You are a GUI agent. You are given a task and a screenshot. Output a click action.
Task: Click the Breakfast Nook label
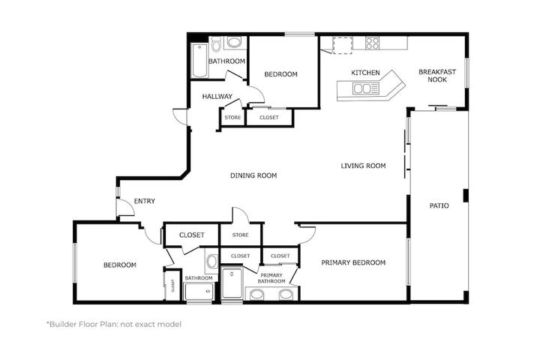click(437, 76)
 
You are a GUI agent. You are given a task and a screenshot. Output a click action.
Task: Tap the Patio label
click(439, 205)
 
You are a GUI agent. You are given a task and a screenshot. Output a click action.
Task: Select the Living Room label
click(363, 166)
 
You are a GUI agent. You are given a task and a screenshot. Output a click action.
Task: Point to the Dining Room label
click(253, 175)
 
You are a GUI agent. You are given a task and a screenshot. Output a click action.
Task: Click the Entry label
click(145, 201)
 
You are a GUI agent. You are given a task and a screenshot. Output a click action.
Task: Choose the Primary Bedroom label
click(353, 262)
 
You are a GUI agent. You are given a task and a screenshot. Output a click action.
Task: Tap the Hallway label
click(217, 97)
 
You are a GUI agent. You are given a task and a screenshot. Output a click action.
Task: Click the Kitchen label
click(365, 73)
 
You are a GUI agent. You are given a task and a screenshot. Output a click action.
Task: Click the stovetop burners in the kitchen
click(372, 43)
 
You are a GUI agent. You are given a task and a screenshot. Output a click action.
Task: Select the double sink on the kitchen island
click(362, 88)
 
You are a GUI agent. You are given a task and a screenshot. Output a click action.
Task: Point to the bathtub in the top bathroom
click(199, 61)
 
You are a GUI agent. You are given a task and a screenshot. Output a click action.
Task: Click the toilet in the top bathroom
click(216, 44)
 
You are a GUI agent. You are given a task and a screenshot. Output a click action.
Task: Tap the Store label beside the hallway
click(232, 118)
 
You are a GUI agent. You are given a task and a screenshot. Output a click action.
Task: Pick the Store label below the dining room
click(241, 235)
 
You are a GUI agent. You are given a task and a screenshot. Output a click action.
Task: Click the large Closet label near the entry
click(192, 235)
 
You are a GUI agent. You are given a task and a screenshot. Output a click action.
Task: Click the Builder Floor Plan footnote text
click(114, 324)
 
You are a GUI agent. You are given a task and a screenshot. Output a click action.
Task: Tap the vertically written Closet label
click(173, 285)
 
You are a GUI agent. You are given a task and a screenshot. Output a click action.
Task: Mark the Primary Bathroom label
click(271, 278)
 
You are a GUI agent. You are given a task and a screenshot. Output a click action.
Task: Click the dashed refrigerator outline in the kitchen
click(343, 45)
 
